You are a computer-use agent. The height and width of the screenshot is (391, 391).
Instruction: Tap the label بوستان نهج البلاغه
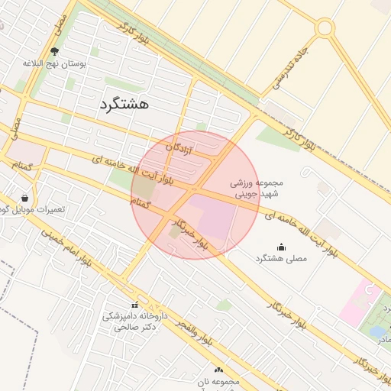[55, 63]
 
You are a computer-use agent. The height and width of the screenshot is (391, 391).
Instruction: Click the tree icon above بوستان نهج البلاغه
[54, 52]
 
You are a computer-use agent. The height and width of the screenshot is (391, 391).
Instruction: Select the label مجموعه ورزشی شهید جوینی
[257, 189]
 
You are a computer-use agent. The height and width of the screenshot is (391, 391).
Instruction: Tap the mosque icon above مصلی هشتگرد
[280, 247]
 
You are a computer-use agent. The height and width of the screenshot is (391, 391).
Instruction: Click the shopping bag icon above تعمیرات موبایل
[25, 198]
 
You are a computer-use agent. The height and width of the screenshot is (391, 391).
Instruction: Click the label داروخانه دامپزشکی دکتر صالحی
[135, 321]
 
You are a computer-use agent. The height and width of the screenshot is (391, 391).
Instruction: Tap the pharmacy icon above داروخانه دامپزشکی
[135, 305]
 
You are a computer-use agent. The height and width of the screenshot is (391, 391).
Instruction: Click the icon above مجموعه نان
[218, 370]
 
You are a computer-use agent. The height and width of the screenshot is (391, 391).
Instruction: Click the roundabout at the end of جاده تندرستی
[325, 27]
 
